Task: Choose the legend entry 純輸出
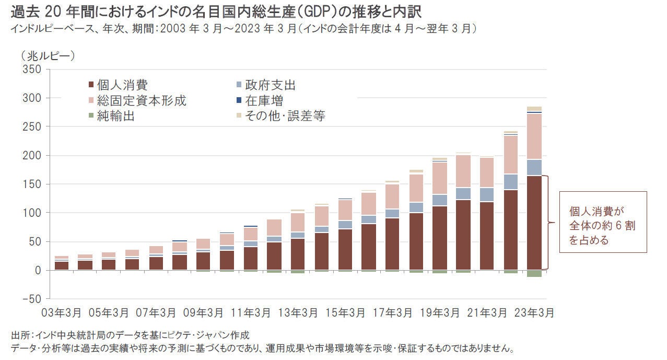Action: (115, 116)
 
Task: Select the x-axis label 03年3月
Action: (62, 313)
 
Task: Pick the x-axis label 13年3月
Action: (298, 313)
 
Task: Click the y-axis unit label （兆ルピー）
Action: (48, 54)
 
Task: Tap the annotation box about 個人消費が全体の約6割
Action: (603, 222)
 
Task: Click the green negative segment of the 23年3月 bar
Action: (534, 273)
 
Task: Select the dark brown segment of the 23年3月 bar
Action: (534, 223)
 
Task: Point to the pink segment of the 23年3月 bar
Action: (534, 136)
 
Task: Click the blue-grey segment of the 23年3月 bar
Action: (534, 167)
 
